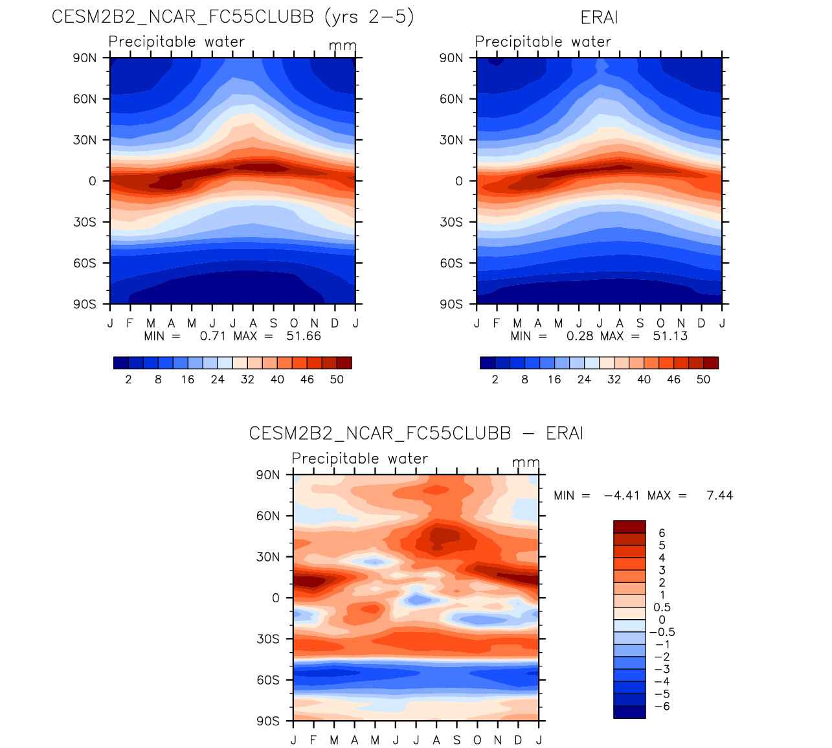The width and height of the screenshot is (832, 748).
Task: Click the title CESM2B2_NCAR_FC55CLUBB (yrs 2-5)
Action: (232, 17)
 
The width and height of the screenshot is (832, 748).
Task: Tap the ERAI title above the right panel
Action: (599, 17)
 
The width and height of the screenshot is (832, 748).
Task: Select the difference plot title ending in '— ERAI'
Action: (416, 433)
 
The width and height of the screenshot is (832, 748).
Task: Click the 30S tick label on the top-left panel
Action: (84, 222)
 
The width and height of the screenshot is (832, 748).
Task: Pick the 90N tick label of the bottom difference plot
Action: (267, 475)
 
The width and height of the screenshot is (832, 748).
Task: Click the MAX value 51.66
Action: (304, 336)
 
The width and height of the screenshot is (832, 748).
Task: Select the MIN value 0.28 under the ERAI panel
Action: (579, 336)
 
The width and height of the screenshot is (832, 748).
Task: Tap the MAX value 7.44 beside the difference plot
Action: (720, 495)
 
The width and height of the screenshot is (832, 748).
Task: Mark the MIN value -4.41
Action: (622, 495)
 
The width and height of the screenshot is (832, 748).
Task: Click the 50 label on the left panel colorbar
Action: (337, 380)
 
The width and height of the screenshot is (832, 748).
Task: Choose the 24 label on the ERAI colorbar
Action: (584, 380)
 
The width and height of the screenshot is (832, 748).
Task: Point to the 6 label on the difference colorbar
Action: (662, 533)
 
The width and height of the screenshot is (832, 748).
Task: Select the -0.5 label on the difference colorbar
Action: (662, 632)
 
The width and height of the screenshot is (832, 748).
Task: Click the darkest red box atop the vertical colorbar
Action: (629, 527)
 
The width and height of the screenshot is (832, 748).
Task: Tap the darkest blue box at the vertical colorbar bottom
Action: (629, 712)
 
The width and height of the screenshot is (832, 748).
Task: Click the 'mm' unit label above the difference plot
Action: (526, 462)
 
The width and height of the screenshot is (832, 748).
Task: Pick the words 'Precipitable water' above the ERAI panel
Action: (543, 41)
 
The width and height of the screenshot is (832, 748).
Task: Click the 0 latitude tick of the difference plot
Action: (276, 598)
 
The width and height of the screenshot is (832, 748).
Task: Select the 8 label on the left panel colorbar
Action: (158, 380)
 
